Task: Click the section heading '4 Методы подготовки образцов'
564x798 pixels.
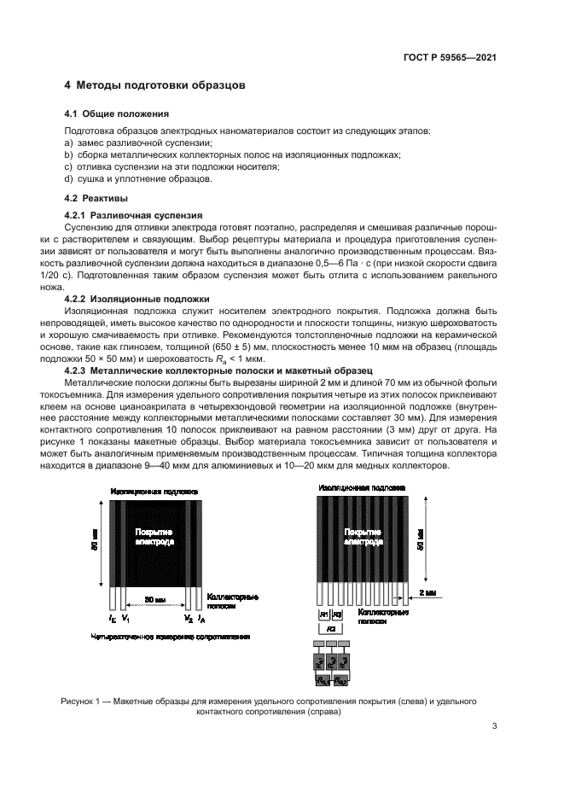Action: (x=155, y=86)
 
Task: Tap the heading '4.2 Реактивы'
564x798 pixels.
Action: (x=97, y=198)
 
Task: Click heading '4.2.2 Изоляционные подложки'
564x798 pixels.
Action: (x=137, y=299)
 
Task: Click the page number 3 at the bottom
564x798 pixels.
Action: (x=494, y=726)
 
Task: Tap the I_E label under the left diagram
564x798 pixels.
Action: (x=113, y=617)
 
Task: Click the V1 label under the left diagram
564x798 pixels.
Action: (x=125, y=617)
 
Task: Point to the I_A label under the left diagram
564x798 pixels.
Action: (x=201, y=617)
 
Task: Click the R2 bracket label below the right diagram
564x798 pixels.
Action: (x=330, y=627)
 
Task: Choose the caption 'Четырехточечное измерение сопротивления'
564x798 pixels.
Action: (x=156, y=637)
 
